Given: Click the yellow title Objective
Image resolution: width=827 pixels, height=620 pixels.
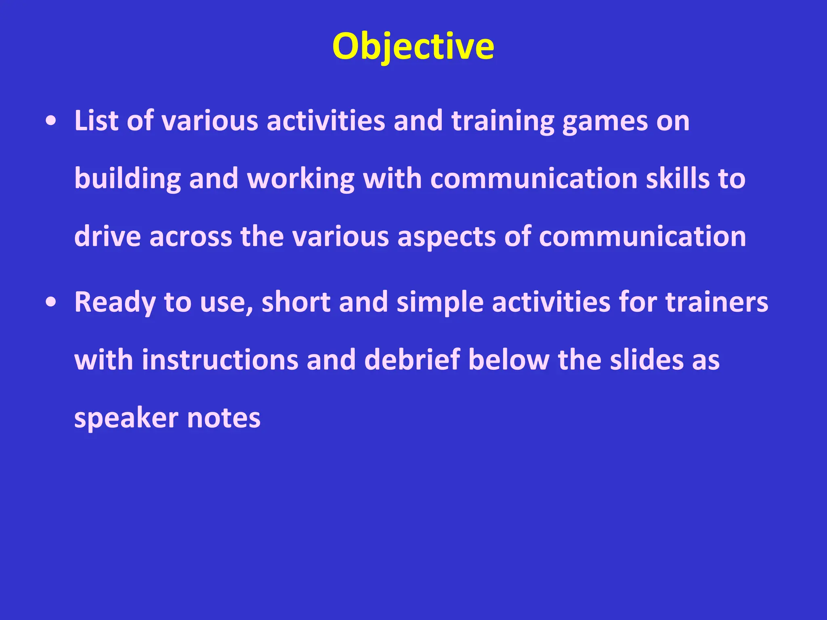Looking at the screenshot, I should point(413,46).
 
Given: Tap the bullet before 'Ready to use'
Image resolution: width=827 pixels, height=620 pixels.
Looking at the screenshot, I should point(51,302).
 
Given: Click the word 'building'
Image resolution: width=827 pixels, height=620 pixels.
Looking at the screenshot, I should point(127,179).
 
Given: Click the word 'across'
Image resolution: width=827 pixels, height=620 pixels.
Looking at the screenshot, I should point(191,237).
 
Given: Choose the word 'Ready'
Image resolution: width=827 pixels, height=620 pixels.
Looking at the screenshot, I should point(115,303).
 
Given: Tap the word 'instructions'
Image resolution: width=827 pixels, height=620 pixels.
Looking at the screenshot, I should point(220,360).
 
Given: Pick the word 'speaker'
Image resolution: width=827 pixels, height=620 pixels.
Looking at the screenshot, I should point(126,418).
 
